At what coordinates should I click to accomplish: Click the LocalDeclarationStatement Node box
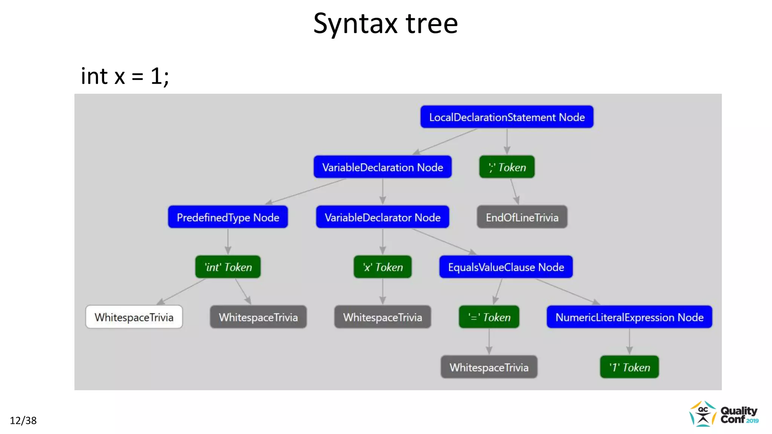point(507,117)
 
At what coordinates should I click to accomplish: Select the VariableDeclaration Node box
point(382,167)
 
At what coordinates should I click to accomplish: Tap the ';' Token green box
point(507,167)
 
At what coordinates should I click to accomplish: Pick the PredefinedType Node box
point(228,217)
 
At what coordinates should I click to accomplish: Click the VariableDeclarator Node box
point(382,217)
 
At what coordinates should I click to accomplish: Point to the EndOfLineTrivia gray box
point(522,217)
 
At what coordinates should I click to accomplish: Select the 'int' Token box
point(228,267)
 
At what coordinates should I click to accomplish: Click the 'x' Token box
point(382,267)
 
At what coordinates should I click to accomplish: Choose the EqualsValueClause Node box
point(506,267)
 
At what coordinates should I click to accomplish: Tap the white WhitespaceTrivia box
point(134,317)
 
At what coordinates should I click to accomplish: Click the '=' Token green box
point(489,317)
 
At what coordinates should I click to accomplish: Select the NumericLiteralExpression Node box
point(629,317)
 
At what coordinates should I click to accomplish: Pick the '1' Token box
point(629,367)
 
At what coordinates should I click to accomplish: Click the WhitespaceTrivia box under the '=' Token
point(489,367)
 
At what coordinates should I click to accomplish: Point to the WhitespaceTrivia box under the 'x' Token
point(382,317)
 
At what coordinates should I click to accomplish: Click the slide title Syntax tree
point(385,23)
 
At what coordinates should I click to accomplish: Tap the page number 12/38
point(23,420)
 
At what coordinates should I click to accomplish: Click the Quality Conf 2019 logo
point(724,414)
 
